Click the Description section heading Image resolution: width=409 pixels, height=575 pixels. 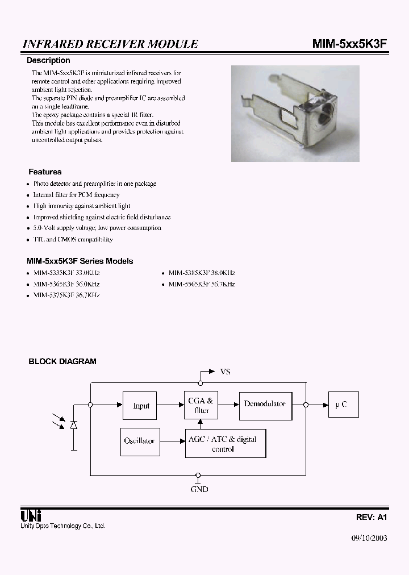(49, 60)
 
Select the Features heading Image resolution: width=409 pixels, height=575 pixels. (45, 172)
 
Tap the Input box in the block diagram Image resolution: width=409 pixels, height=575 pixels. (141, 406)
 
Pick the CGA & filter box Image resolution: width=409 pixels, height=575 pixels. (201, 406)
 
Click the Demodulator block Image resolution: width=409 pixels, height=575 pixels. (265, 404)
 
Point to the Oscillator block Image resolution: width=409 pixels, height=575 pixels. (139, 441)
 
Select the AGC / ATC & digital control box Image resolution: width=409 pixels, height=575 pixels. (226, 444)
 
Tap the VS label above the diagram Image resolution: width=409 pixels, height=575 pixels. (225, 372)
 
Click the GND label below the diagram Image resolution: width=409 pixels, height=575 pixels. (199, 489)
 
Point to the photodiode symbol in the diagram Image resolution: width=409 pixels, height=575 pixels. (73, 425)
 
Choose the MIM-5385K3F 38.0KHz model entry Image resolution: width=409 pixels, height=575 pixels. (201, 273)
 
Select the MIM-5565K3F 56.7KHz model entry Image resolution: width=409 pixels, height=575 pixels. (201, 284)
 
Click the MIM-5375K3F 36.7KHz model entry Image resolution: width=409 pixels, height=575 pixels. (66, 295)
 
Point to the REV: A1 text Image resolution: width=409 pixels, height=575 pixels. (372, 518)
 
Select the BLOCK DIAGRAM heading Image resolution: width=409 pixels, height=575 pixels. (62, 361)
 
